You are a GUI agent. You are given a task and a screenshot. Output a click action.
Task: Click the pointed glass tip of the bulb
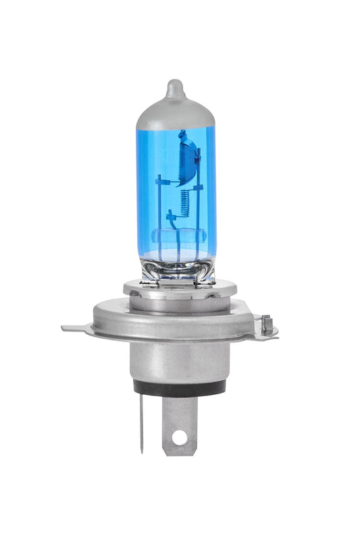point(175,87)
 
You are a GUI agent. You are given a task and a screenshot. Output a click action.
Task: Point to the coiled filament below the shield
point(184,199)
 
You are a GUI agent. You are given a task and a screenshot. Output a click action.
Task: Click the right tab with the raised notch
point(267,327)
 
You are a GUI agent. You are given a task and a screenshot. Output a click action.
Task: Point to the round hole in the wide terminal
point(178,437)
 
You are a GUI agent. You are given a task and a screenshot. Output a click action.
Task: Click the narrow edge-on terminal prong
point(141,425)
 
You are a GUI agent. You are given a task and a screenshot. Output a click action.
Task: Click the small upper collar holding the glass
point(179,290)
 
